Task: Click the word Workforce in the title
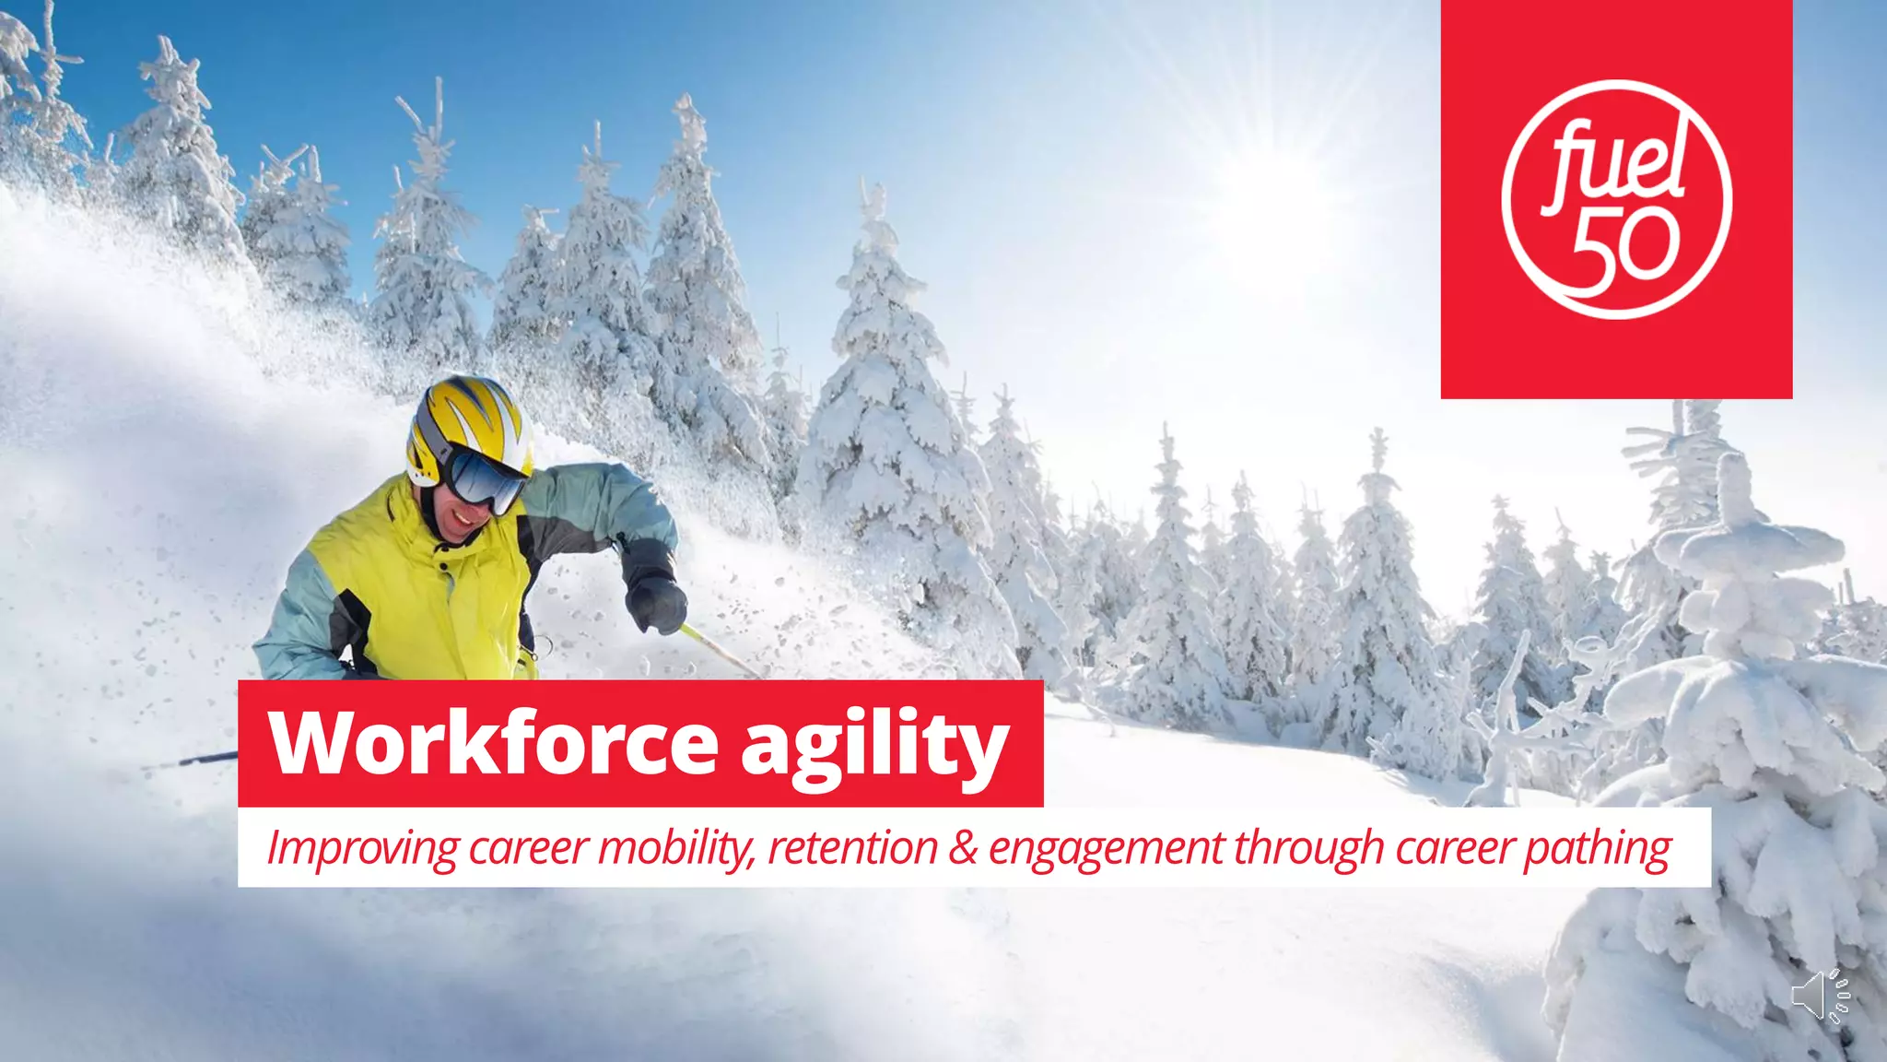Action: [x=493, y=743]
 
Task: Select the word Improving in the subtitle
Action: [x=361, y=848]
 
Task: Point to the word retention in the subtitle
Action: [x=852, y=848]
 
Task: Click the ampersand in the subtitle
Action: [x=963, y=848]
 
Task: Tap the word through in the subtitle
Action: [x=1308, y=848]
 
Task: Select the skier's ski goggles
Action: [x=486, y=479]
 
